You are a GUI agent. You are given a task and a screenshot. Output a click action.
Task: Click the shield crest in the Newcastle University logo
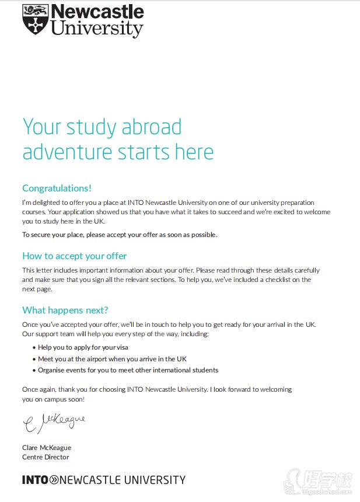tap(34, 20)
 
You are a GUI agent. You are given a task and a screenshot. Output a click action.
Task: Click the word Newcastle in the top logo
tap(97, 12)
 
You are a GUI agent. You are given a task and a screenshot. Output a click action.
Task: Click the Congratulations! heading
tap(57, 188)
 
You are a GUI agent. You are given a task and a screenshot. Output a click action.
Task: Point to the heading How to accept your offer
tap(74, 256)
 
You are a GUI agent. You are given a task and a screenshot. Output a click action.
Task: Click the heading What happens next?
tap(65, 310)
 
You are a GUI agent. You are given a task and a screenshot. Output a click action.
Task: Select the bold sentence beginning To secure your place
tap(120, 235)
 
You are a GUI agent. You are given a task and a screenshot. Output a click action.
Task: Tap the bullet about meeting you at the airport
tap(112, 359)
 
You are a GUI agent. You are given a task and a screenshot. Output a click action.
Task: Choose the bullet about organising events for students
tap(128, 370)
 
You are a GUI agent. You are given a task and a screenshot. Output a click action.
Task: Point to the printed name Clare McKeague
tap(47, 448)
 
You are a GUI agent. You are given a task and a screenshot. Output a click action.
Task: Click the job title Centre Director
tap(46, 457)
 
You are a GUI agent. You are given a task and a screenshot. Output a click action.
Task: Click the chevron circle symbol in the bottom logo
tap(54, 480)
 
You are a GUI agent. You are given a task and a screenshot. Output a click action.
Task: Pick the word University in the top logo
tap(97, 28)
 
